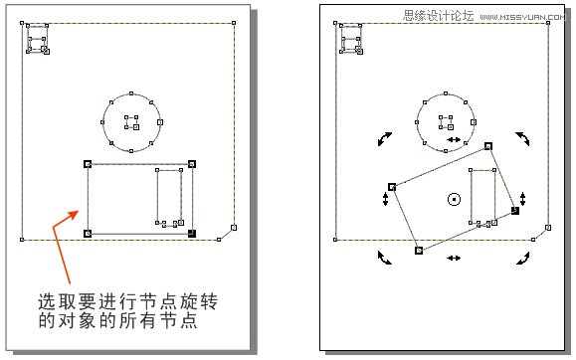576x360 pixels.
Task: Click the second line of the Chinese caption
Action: click(115, 322)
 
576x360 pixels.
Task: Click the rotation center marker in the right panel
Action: click(454, 199)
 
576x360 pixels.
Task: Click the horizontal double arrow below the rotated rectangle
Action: click(454, 259)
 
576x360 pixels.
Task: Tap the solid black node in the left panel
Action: click(192, 234)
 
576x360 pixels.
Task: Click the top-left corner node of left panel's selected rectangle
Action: click(88, 164)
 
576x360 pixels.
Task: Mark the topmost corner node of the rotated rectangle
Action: click(488, 146)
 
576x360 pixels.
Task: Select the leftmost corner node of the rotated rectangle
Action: click(392, 186)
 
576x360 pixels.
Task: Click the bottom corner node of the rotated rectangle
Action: click(419, 251)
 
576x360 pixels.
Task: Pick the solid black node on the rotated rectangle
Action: click(515, 211)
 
